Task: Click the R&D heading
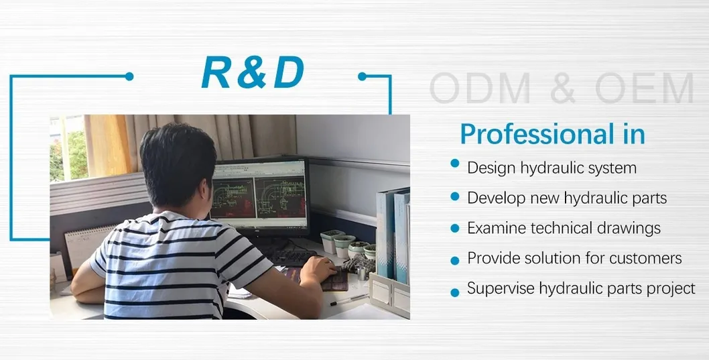pyautogui.click(x=253, y=72)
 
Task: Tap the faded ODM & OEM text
pyautogui.click(x=561, y=88)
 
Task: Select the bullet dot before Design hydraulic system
pyautogui.click(x=455, y=164)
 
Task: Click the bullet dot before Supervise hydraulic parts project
pyautogui.click(x=455, y=292)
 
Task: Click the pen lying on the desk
pyautogui.click(x=349, y=300)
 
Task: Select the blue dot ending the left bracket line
pyautogui.click(x=129, y=76)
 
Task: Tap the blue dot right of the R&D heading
pyautogui.click(x=362, y=76)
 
